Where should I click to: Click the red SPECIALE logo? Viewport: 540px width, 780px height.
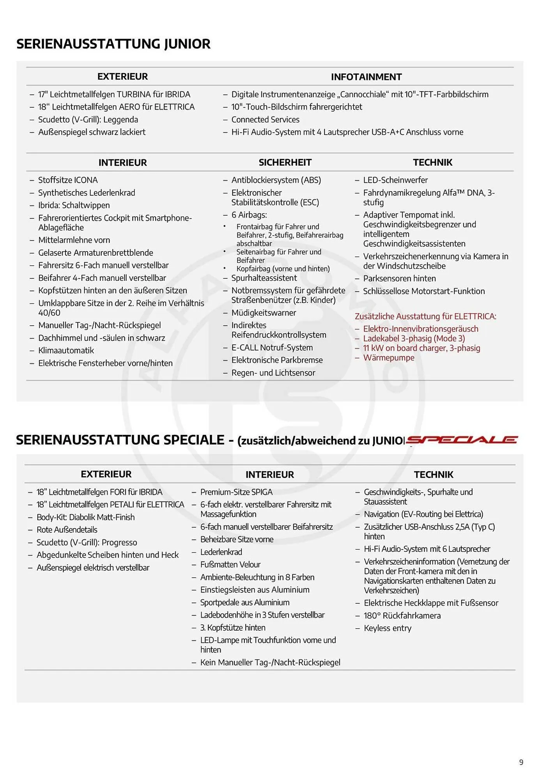462,440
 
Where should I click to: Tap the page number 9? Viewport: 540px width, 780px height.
521,762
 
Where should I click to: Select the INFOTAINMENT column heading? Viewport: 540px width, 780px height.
366,77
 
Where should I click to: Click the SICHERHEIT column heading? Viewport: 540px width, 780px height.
285,162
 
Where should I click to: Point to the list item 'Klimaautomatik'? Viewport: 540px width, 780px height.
66,350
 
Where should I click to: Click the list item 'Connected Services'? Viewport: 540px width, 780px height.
265,119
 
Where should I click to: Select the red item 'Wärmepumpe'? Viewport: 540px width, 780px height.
389,358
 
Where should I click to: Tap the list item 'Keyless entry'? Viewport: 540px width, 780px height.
388,628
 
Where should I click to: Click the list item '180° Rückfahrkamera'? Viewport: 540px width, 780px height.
402,615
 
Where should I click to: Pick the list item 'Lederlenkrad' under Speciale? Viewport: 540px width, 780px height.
221,552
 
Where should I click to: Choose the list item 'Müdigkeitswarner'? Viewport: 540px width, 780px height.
264,313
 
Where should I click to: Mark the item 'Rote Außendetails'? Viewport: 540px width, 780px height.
67,530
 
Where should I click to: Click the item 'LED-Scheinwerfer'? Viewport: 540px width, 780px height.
395,180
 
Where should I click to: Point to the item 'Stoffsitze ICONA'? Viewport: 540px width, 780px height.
68,180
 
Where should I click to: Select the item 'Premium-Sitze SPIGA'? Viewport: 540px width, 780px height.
236,492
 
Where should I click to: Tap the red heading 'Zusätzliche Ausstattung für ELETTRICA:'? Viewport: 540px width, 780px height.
425,316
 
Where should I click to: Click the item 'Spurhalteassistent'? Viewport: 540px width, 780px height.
264,278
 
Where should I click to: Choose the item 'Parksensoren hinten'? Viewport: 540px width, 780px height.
399,278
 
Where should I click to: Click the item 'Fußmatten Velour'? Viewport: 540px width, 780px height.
230,564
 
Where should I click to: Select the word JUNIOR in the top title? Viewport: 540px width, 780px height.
187,44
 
